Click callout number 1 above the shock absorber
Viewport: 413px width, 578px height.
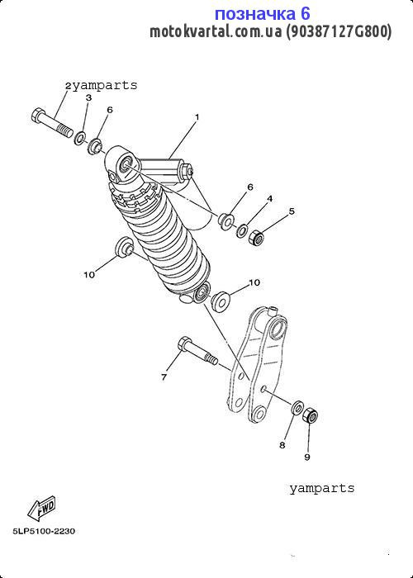tap(197, 117)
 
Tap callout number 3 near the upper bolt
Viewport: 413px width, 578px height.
tap(88, 97)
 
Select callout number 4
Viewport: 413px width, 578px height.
tap(269, 199)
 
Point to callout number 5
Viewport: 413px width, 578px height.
tap(292, 211)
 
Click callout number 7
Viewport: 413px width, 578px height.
tap(164, 377)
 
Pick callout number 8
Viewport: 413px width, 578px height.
tap(282, 445)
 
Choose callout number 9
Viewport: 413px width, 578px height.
tap(307, 457)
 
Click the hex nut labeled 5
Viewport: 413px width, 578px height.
tap(257, 238)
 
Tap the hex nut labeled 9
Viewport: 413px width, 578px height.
tap(310, 415)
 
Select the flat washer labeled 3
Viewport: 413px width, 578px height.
tap(80, 138)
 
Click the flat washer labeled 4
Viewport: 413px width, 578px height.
tap(242, 230)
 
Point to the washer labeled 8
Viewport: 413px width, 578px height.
tap(297, 407)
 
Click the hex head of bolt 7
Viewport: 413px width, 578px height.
tap(184, 343)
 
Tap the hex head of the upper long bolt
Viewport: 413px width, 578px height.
tap(38, 116)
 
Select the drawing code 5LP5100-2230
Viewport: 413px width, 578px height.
tap(44, 531)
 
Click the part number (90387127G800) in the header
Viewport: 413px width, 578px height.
tap(339, 32)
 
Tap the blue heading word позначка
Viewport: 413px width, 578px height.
tap(254, 14)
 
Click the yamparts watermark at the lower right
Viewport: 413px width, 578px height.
tap(322, 489)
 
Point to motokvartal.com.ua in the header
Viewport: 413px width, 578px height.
tap(216, 32)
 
